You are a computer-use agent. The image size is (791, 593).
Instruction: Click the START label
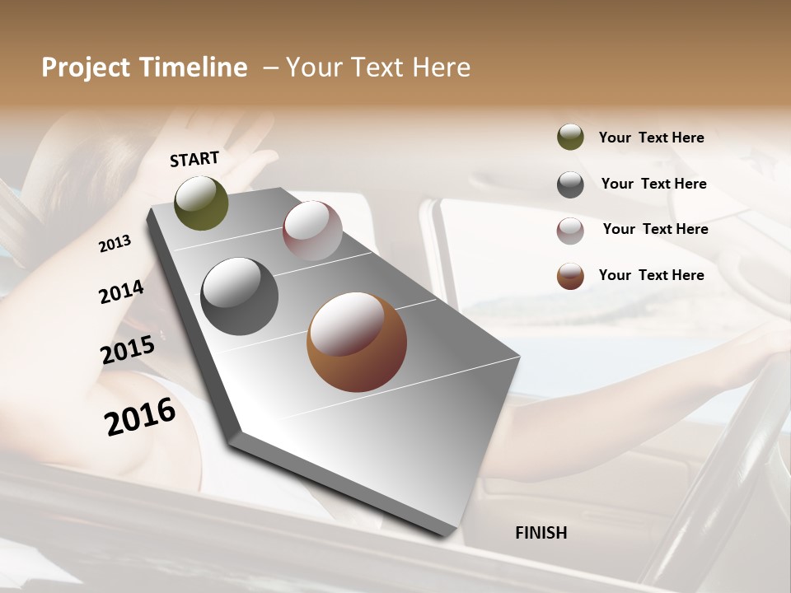194,158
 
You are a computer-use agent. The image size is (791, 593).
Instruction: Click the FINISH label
541,533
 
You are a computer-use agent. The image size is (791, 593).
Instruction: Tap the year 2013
115,244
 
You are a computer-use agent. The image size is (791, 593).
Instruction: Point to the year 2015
128,350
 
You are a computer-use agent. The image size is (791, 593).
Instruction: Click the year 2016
140,417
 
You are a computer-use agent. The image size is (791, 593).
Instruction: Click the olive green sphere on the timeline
202,203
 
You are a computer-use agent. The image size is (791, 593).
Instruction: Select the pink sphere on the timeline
312,230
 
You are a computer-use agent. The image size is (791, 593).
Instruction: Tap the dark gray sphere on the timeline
240,296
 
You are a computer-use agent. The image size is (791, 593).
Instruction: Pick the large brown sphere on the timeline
357,342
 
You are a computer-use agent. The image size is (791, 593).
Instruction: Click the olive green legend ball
570,137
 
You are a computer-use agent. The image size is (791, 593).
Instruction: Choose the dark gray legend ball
570,184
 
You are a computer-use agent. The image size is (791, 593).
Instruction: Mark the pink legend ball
570,231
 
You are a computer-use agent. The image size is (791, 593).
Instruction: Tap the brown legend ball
570,276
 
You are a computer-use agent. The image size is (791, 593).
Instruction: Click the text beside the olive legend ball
651,138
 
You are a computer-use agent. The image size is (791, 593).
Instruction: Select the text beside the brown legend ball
651,275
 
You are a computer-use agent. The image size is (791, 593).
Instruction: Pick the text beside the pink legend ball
655,229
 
